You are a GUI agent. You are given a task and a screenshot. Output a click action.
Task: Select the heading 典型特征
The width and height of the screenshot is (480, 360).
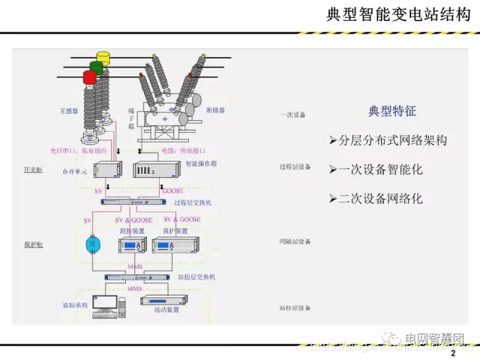392,111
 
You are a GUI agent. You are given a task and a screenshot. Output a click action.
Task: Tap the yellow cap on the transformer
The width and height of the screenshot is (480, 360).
103,56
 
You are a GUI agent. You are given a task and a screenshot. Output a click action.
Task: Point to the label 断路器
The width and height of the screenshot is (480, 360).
217,110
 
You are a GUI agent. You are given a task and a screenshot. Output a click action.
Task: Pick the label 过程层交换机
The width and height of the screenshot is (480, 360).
193,202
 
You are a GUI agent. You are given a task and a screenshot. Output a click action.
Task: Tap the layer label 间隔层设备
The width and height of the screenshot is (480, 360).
295,241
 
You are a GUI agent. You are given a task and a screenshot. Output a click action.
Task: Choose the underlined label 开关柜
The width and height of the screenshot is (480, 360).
34,171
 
